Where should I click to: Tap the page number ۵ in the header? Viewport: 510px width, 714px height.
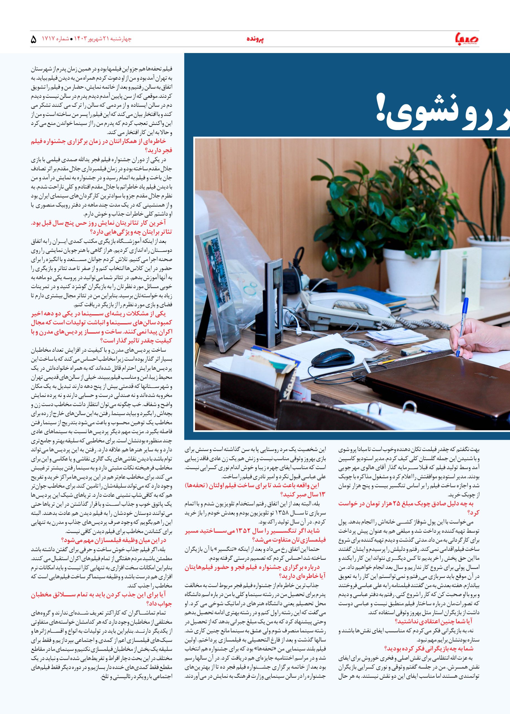point(34,40)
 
